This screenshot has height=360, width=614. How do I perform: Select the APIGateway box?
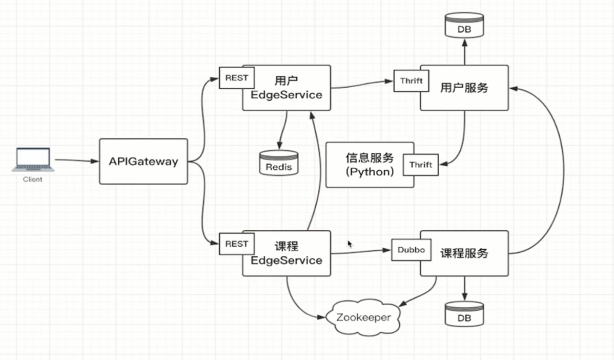click(143, 162)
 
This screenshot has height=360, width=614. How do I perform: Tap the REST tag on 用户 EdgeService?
click(236, 78)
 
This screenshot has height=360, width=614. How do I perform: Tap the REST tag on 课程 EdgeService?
click(236, 244)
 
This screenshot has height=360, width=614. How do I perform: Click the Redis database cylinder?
click(278, 163)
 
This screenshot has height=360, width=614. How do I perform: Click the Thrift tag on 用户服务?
click(411, 81)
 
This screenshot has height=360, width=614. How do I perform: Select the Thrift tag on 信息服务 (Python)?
click(420, 165)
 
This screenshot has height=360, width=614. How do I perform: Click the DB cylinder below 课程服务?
click(464, 314)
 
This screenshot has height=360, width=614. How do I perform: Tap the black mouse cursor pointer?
click(351, 244)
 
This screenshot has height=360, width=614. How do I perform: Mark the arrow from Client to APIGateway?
click(77, 161)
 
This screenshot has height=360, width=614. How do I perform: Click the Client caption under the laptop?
click(32, 179)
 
